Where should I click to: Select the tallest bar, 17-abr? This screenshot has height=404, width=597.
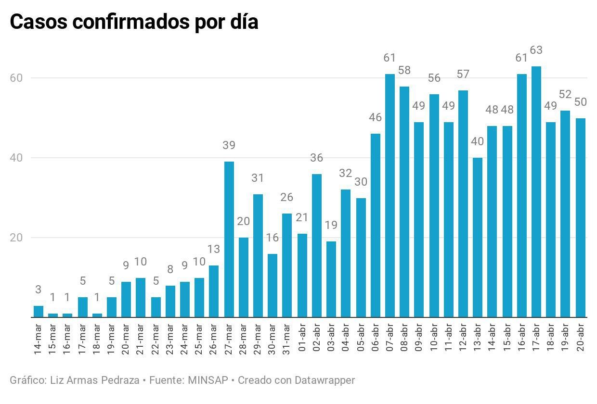(536, 192)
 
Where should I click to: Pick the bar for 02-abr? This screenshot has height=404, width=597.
(317, 245)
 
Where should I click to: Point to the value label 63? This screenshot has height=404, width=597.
(536, 50)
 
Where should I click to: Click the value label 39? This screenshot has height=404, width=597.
(229, 145)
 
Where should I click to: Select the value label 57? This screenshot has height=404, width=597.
(463, 74)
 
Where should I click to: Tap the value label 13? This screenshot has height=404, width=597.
(214, 249)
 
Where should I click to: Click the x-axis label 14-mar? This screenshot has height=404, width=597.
(39, 340)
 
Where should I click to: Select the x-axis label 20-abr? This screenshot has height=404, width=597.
(580, 340)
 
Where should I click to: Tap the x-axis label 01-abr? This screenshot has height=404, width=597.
(303, 340)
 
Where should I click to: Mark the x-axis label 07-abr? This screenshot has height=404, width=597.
(390, 340)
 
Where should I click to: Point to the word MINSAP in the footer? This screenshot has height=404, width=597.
(208, 380)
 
